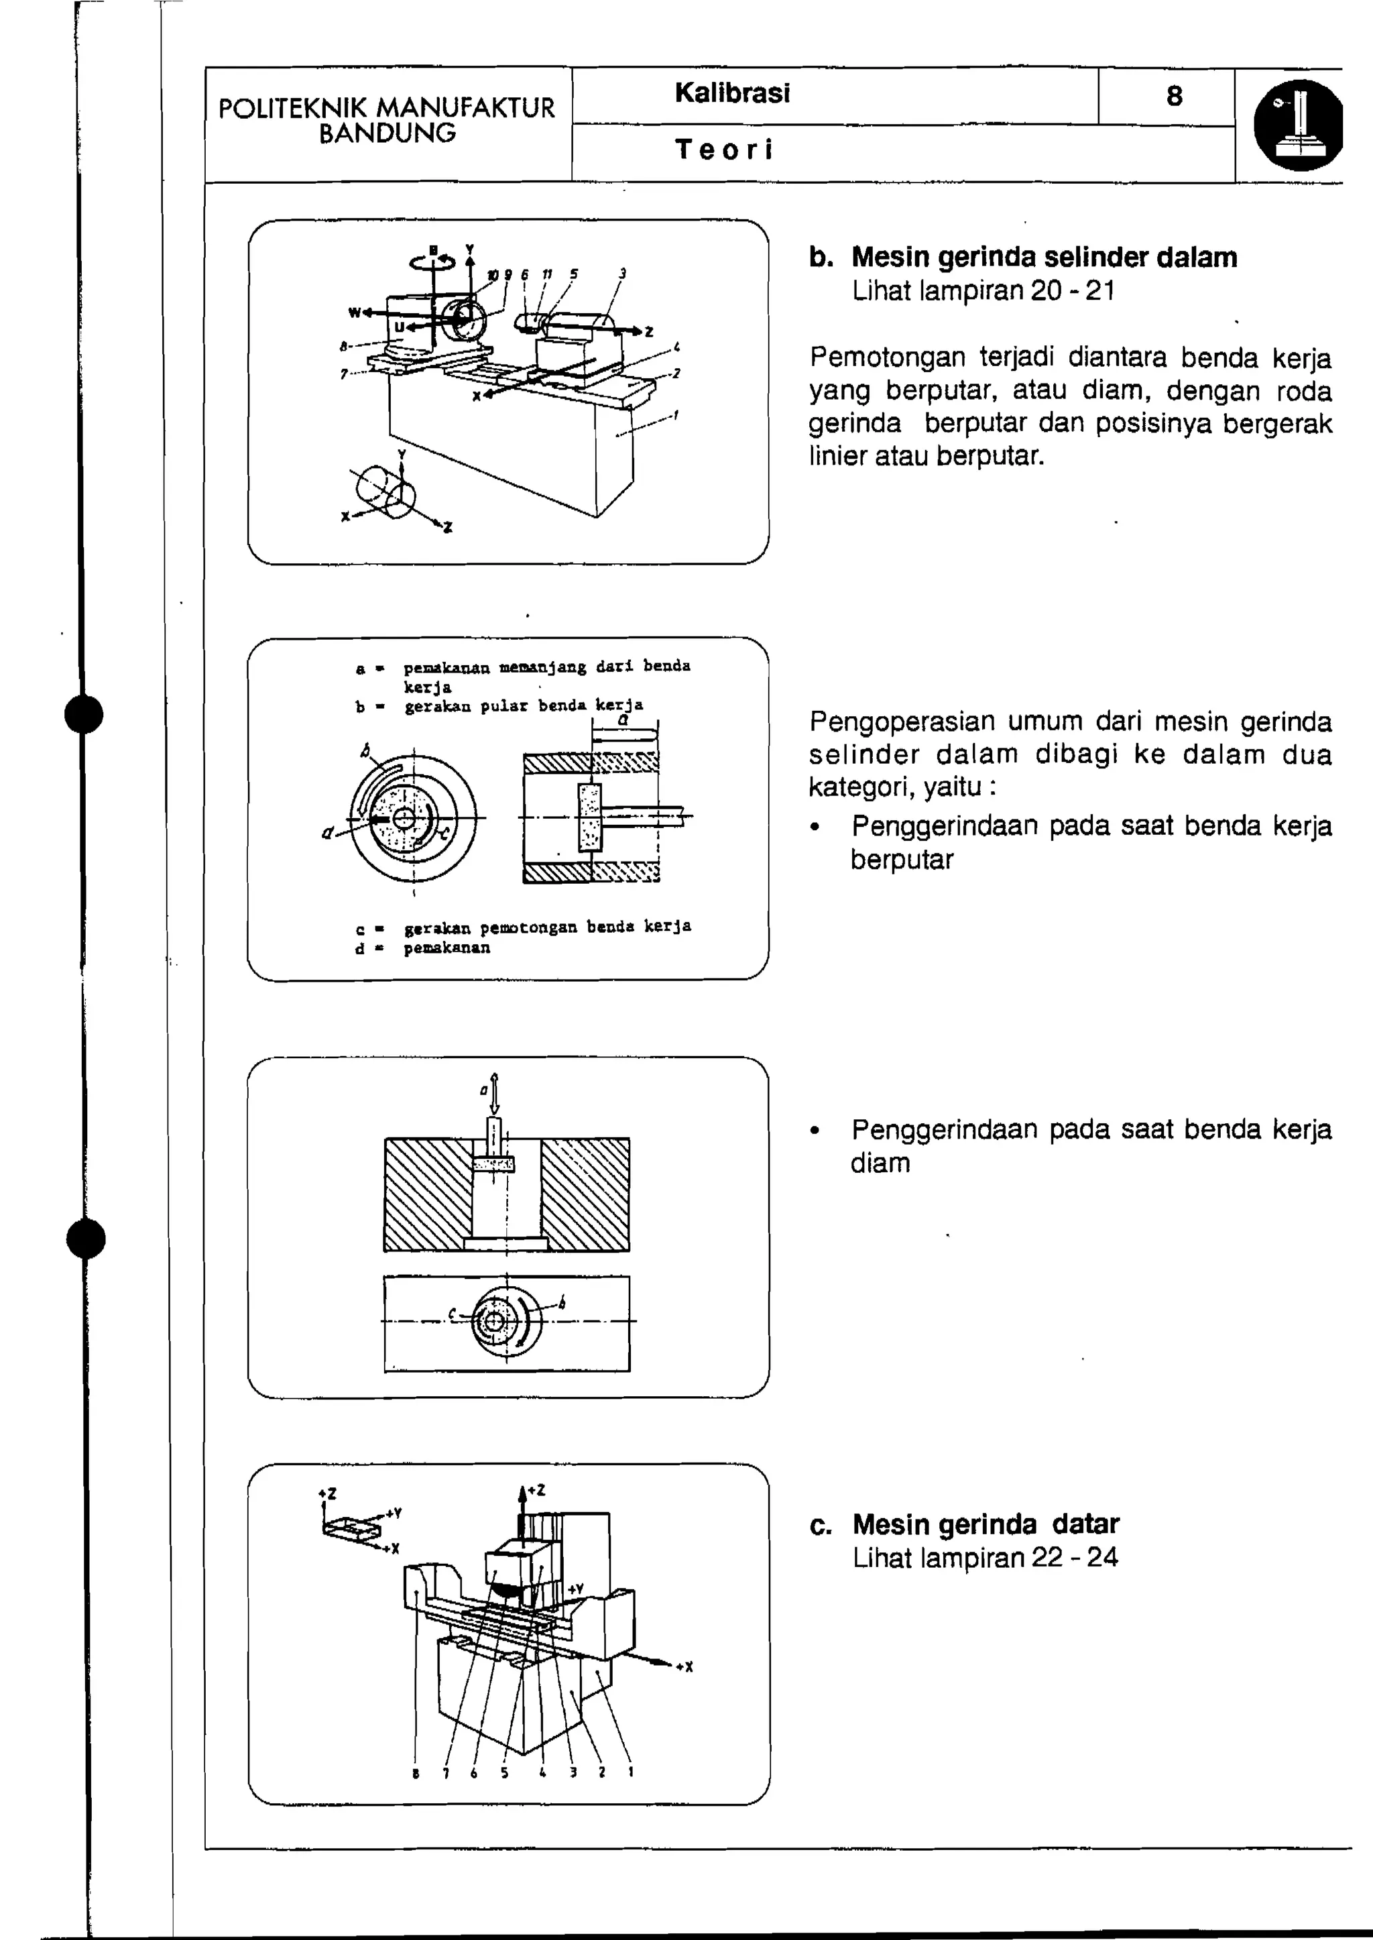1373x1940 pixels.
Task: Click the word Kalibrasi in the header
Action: [x=732, y=93]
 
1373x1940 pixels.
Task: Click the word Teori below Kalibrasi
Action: [x=723, y=150]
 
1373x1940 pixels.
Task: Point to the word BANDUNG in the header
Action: [x=387, y=133]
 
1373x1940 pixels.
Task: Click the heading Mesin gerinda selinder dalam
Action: [x=1043, y=257]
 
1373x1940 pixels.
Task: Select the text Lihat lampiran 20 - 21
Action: [x=983, y=291]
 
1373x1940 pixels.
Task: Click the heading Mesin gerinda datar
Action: [x=985, y=1524]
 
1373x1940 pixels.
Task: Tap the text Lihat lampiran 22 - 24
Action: [x=984, y=1557]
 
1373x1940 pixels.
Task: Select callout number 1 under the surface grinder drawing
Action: [x=631, y=1772]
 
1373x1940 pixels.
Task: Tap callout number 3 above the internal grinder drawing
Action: [x=622, y=273]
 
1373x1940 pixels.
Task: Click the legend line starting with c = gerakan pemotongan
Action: [x=522, y=926]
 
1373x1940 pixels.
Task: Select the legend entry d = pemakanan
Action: [x=423, y=948]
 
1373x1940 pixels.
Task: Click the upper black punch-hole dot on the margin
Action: [x=84, y=715]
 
